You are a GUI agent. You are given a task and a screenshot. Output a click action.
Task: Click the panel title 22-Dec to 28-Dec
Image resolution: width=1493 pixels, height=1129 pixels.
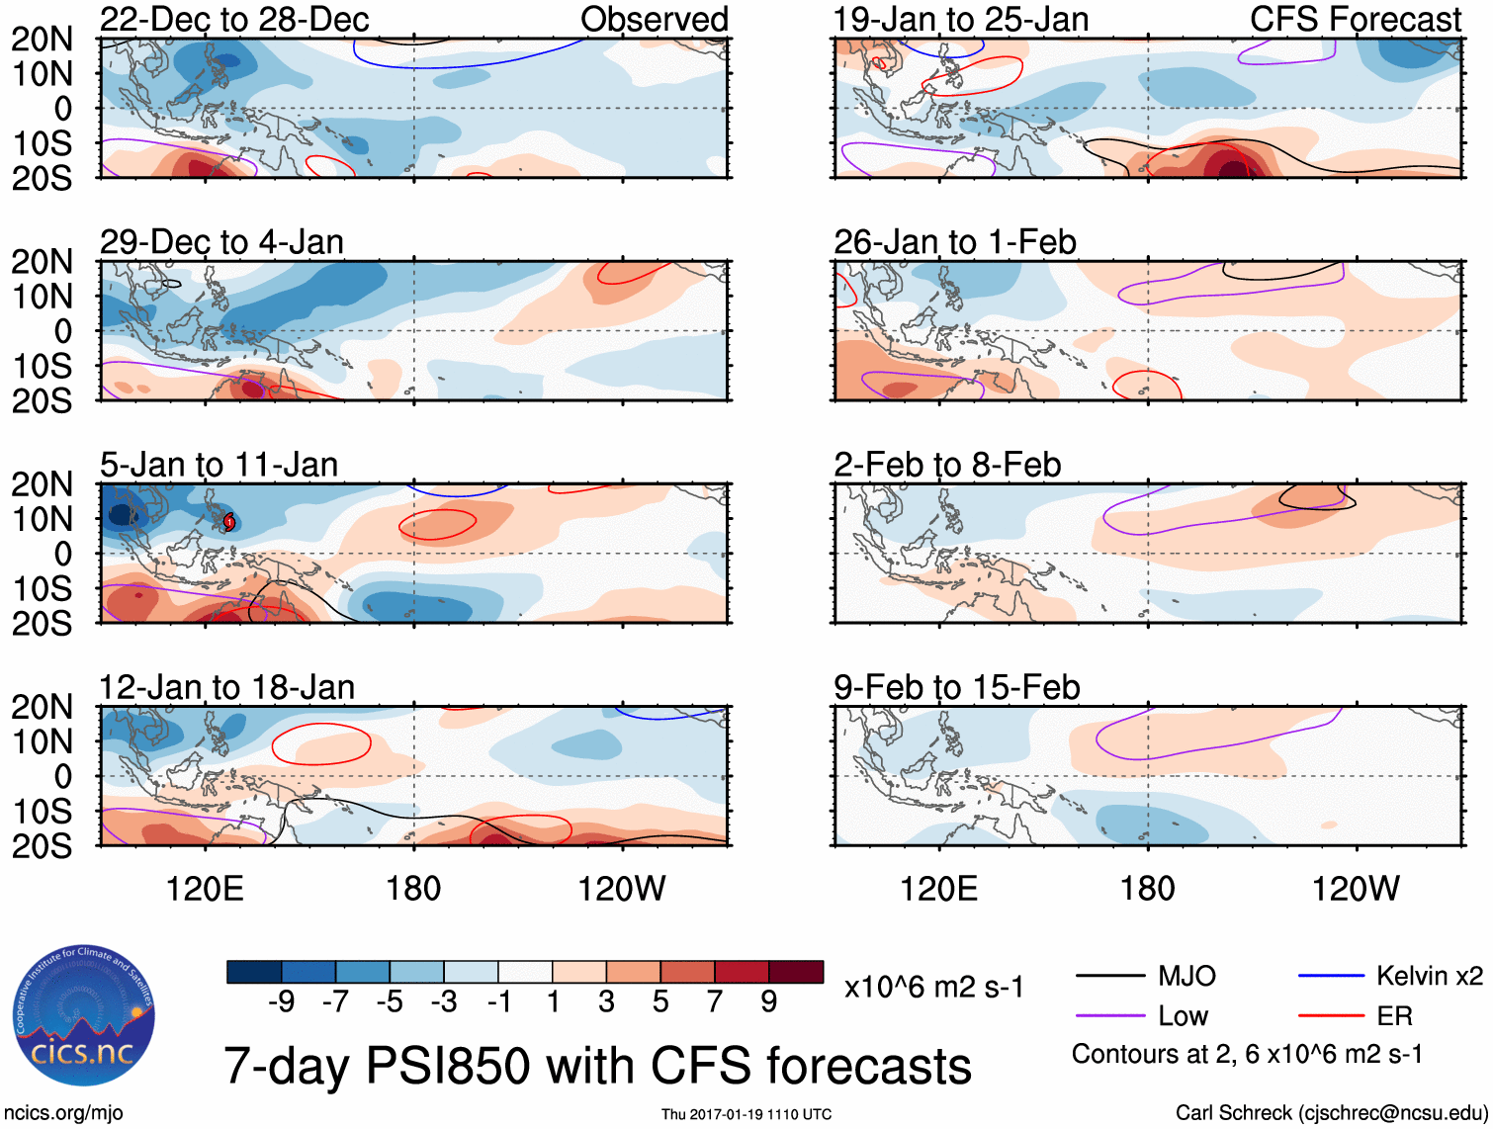coord(234,19)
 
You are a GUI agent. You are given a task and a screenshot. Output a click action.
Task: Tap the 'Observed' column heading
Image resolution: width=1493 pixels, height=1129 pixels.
coord(654,19)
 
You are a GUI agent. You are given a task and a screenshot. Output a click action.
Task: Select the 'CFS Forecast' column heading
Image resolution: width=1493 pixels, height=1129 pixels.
coord(1355,19)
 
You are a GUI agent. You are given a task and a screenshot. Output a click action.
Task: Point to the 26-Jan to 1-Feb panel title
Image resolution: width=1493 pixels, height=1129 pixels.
coord(954,242)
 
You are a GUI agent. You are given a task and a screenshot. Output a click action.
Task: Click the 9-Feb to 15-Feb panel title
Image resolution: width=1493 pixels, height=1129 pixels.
coord(956,687)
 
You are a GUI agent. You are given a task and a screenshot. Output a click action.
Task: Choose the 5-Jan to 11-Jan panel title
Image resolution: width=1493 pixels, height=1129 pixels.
coord(219,465)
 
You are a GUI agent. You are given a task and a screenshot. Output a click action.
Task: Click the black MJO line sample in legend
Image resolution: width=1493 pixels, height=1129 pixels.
coord(1110,976)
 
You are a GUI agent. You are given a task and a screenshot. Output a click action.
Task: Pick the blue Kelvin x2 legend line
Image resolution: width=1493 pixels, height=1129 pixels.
coord(1331,976)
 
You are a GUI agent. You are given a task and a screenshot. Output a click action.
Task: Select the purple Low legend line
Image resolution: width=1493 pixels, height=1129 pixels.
coord(1110,1015)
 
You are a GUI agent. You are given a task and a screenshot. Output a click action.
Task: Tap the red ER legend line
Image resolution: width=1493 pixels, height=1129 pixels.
coord(1331,1015)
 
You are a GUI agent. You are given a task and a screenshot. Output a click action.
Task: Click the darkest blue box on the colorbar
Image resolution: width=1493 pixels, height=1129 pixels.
coord(254,972)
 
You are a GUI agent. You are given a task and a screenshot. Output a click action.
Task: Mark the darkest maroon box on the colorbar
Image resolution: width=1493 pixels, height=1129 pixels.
coord(796,972)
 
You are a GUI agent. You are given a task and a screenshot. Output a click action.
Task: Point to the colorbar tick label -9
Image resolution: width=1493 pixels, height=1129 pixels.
coord(281,1002)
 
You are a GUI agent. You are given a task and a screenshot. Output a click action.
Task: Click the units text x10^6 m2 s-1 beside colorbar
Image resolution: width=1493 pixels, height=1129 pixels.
coord(933,987)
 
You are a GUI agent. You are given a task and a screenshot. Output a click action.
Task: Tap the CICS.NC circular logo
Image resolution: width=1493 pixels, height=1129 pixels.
coord(84,1016)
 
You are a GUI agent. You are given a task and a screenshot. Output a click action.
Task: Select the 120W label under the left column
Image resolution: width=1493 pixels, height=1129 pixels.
coord(621,889)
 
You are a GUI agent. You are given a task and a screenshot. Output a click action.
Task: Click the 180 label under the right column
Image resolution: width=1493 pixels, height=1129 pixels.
coord(1147,889)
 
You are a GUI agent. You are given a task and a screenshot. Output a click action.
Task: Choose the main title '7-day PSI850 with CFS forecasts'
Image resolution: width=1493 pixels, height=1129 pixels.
coord(597,1066)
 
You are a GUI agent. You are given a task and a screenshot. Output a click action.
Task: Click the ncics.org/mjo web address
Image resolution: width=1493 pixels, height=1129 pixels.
coord(63,1113)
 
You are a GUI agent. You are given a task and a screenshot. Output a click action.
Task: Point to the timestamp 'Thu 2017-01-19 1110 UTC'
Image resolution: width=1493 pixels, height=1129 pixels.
coord(746,1114)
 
